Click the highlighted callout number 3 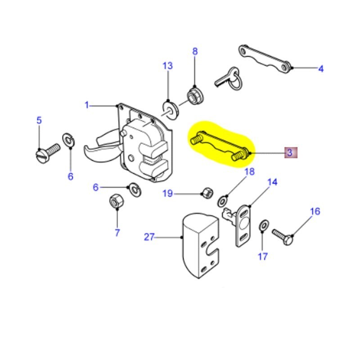(x=290, y=153)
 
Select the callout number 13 (x=167, y=66)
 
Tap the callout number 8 (x=195, y=51)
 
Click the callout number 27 (x=149, y=237)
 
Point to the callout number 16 (x=315, y=211)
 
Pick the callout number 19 (x=167, y=193)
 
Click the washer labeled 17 (x=263, y=225)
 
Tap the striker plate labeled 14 (x=243, y=225)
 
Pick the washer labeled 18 (x=223, y=200)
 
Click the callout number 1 (x=87, y=105)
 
